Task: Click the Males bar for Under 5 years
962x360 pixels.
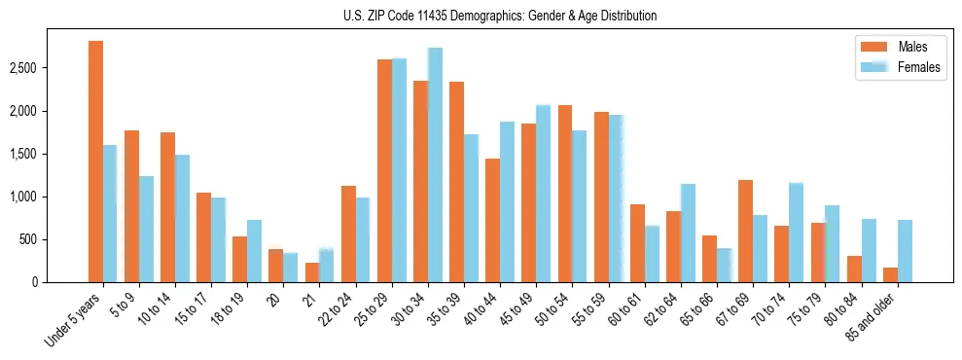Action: tap(95, 162)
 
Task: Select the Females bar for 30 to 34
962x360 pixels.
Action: tap(435, 164)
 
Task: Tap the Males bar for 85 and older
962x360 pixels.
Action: tap(890, 274)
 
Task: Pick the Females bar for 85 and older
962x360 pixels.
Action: tap(905, 251)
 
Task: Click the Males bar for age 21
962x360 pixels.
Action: tap(312, 272)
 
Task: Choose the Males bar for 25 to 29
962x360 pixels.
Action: tap(384, 170)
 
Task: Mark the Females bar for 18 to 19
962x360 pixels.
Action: tap(254, 251)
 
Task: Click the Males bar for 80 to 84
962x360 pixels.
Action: tap(854, 269)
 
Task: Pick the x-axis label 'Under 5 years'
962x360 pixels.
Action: tap(73, 321)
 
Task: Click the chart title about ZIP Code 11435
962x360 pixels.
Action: tap(500, 16)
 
